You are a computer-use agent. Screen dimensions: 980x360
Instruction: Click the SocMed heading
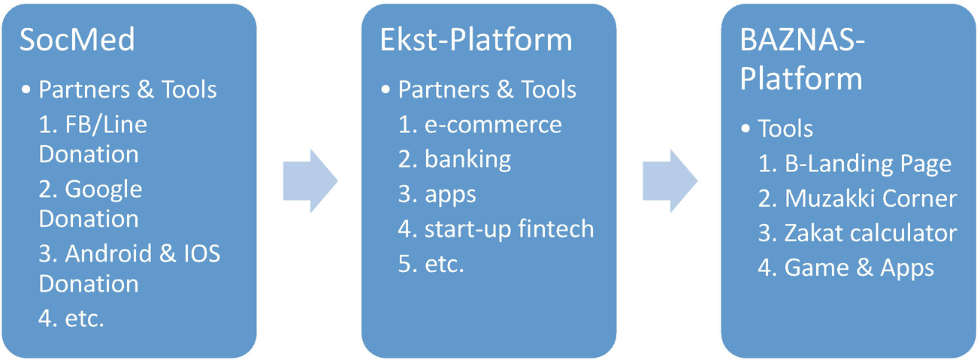point(77,40)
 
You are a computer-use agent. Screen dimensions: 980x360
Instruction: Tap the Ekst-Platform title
point(476,40)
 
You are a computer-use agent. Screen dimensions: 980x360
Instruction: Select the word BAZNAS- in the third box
point(803,40)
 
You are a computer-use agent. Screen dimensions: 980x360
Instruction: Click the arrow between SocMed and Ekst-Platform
point(310,180)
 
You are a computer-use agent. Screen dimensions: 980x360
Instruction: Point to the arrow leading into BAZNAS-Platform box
point(670,180)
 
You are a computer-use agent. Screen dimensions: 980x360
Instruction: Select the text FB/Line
point(106,125)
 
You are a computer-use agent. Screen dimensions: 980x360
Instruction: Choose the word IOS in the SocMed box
point(201,254)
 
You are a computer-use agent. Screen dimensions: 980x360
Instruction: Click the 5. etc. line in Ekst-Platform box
point(431,265)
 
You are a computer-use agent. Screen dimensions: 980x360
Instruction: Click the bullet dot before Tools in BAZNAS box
point(746,129)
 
